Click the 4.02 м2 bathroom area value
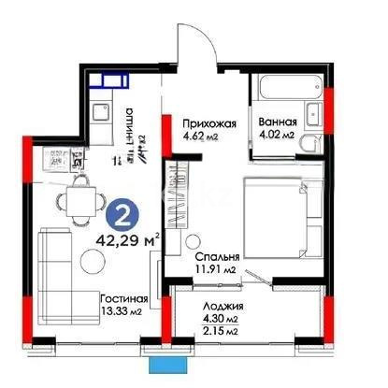pyautogui.click(x=277, y=138)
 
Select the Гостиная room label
pyautogui.click(x=127, y=298)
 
